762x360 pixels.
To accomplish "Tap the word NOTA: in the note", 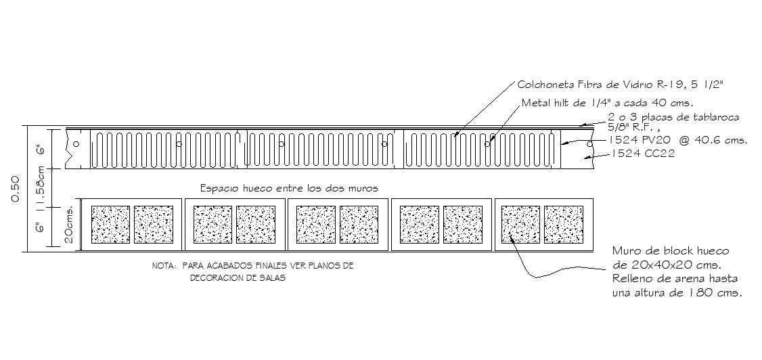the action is [x=166, y=267].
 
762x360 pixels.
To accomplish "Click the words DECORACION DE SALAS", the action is [x=237, y=278].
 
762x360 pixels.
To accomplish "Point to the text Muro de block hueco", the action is [x=669, y=252].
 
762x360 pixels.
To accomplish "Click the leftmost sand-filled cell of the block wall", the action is [x=110, y=225].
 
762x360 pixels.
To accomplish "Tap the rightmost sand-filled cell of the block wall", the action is [x=563, y=225].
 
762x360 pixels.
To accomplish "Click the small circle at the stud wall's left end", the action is [x=77, y=144].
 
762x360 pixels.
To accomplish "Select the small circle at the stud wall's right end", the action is [x=589, y=144].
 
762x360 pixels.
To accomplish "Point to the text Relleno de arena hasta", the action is [x=674, y=279].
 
